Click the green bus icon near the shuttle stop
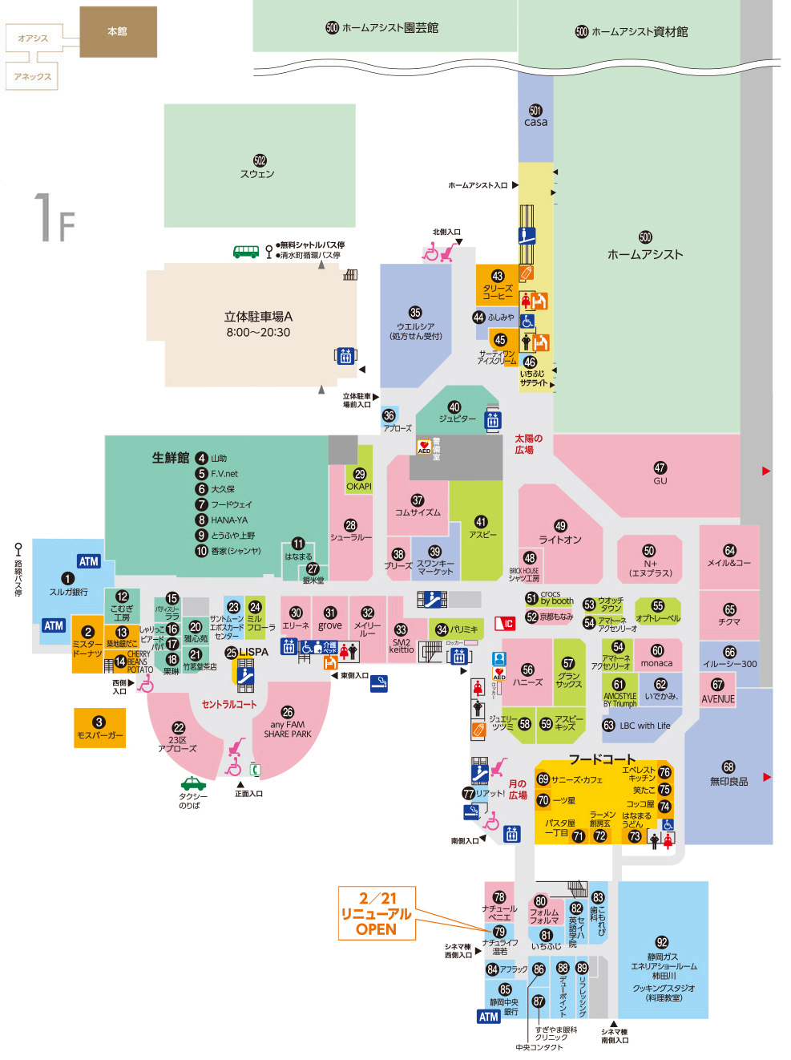pos(245,252)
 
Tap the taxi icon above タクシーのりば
pos(193,783)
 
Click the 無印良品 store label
pos(728,781)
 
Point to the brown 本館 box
pos(118,32)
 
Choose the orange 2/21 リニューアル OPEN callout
pos(376,913)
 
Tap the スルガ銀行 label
pos(69,592)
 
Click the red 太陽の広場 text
pos(528,444)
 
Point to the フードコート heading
pos(602,759)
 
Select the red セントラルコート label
pos(229,704)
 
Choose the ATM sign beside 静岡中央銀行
pos(489,1016)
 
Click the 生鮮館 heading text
pos(171,458)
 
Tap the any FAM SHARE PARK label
pos(288,729)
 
